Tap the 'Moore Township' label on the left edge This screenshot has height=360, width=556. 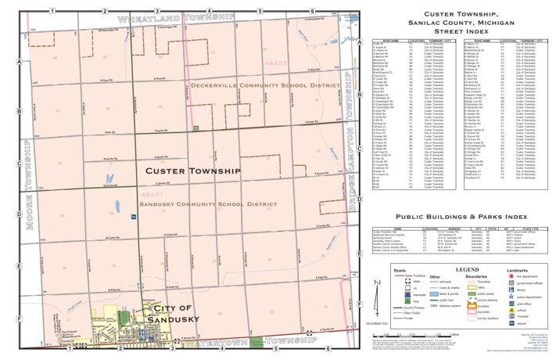pyautogui.click(x=29, y=185)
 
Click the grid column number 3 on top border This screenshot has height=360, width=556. pyautogui.click(x=157, y=11)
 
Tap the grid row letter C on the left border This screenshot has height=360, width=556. pyautogui.click(x=18, y=164)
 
